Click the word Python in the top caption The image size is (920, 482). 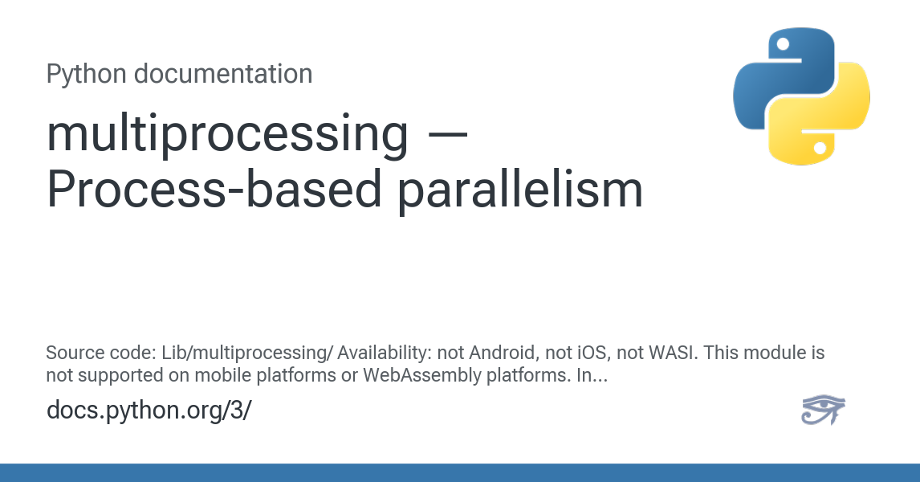pyautogui.click(x=86, y=74)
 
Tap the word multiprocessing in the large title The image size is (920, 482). pyautogui.click(x=227, y=135)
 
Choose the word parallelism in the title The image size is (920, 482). pyautogui.click(x=521, y=191)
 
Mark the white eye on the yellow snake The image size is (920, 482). pyautogui.click(x=820, y=148)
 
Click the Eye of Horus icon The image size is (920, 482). pyautogui.click(x=824, y=410)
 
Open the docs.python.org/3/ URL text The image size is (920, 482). pyautogui.click(x=149, y=410)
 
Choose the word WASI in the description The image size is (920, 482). pyautogui.click(x=655, y=353)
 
